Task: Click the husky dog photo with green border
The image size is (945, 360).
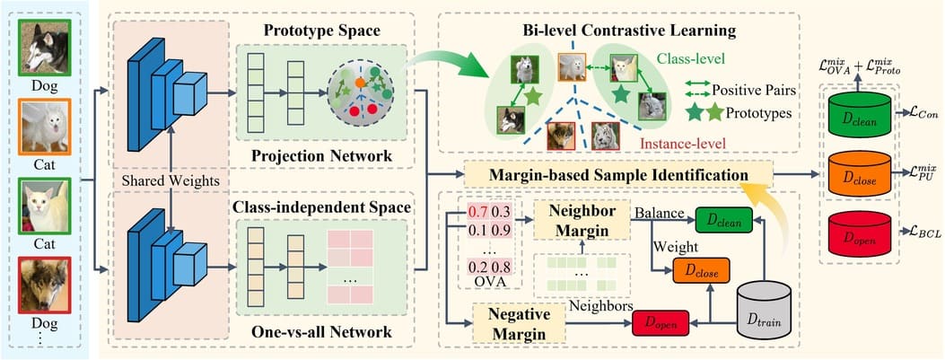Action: point(45,47)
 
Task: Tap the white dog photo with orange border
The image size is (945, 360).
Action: point(45,126)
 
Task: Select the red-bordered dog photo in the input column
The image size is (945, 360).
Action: point(45,285)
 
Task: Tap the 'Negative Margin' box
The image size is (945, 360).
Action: point(520,324)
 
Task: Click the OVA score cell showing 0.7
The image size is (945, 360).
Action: point(477,211)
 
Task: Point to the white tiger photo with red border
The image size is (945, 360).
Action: point(605,136)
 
